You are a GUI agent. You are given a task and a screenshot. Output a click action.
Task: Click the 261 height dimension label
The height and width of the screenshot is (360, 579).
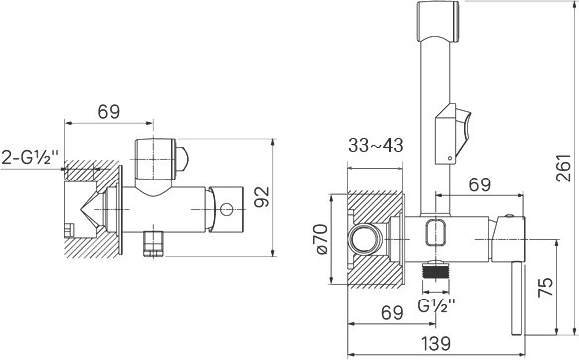(x=564, y=168)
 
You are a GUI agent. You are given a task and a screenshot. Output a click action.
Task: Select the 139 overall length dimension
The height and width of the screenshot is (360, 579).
(x=435, y=343)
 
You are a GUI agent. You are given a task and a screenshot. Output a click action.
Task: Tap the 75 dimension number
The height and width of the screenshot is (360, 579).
(x=545, y=287)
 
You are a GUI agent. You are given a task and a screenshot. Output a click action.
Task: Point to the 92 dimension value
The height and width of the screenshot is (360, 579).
(x=263, y=197)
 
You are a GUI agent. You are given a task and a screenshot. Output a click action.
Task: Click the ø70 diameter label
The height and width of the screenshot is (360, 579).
(x=321, y=239)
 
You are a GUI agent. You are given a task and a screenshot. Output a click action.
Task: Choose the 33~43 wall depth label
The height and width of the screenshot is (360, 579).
(x=375, y=145)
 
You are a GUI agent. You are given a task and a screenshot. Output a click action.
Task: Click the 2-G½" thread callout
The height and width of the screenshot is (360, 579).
(x=31, y=157)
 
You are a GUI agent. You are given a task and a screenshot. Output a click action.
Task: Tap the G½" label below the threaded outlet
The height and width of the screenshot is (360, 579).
(x=437, y=304)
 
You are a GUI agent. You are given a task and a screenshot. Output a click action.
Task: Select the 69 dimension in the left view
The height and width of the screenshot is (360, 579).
(x=109, y=111)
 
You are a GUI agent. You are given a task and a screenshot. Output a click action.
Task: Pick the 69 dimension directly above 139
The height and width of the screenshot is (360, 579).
(x=392, y=313)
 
